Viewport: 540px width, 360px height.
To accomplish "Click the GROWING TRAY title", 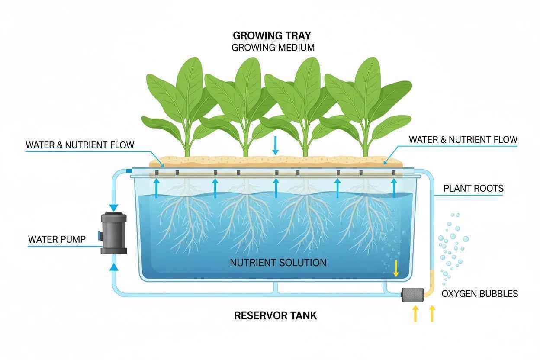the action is [x=272, y=35].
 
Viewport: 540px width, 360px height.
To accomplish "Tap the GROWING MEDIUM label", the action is [x=273, y=48].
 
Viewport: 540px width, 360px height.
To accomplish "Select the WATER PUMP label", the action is [x=57, y=239].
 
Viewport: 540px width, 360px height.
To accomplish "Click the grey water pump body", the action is [x=114, y=233].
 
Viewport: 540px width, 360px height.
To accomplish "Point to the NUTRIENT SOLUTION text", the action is [x=278, y=263].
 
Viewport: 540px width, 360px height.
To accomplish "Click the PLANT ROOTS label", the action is [x=473, y=188].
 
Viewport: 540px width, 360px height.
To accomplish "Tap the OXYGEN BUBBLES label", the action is [x=480, y=294].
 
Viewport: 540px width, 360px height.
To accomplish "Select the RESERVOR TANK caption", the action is [x=275, y=315].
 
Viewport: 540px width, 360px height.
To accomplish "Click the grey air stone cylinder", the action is [x=412, y=295].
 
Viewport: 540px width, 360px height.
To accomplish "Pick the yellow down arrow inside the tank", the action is [x=396, y=268].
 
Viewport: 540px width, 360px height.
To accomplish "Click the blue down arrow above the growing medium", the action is [x=275, y=145].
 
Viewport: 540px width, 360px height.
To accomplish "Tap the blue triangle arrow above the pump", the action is [x=114, y=208].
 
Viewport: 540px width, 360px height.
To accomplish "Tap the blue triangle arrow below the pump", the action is [x=114, y=267].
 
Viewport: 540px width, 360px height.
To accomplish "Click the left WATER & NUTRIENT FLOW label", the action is [x=80, y=145].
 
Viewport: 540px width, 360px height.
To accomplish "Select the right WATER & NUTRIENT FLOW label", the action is [x=463, y=140].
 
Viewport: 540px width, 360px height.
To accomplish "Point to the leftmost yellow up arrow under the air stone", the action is [x=415, y=314].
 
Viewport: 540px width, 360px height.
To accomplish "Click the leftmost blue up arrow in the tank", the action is [x=157, y=188].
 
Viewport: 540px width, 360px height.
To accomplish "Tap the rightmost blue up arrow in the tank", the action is [x=394, y=188].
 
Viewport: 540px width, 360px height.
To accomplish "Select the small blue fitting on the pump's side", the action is [x=100, y=235].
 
